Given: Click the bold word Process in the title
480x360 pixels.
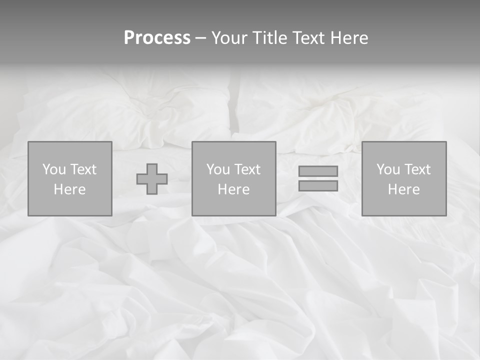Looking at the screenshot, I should tap(157, 38).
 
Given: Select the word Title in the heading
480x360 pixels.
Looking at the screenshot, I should tap(270, 38).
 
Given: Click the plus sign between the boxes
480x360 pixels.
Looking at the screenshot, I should tap(152, 179).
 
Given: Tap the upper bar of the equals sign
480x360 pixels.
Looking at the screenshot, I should tap(318, 171).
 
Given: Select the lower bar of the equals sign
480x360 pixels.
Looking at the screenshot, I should tap(318, 186).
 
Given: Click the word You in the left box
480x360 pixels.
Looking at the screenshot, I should tap(54, 169).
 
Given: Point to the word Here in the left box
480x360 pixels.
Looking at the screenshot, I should tap(69, 189).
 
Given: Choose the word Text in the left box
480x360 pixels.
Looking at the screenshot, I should tap(82, 169).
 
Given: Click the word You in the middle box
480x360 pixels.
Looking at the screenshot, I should tap(218, 169).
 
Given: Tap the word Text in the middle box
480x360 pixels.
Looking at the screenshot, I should tap(246, 169).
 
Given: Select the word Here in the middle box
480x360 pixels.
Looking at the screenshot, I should tap(233, 189).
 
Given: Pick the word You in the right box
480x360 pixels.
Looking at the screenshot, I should tap(388, 169).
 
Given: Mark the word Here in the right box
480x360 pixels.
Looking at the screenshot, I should tap(403, 189).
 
